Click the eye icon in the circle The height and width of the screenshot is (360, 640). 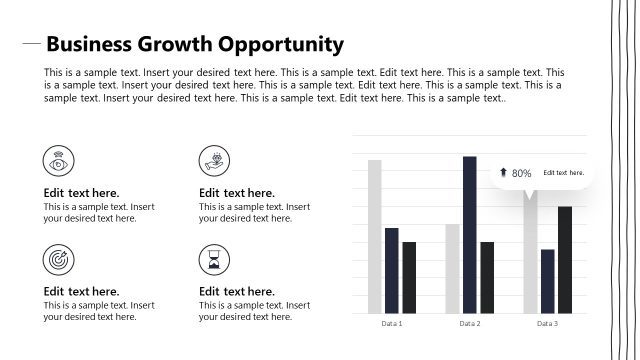point(58,160)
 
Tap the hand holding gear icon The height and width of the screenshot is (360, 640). point(213,160)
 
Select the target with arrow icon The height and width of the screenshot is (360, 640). point(58,259)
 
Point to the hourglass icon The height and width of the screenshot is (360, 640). point(213,259)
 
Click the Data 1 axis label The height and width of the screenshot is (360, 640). point(392,324)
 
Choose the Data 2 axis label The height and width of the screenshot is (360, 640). point(470,324)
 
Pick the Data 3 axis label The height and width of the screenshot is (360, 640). point(547,324)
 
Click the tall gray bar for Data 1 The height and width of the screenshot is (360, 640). point(374,236)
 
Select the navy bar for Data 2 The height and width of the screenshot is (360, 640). point(470,234)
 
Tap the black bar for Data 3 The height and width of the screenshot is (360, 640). point(565,259)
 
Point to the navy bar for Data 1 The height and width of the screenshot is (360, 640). point(392,270)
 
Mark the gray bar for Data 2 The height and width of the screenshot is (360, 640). point(452,268)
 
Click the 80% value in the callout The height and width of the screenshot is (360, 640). point(521,173)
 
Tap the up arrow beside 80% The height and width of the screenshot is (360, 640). point(503,172)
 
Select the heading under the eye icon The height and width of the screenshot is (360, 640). point(82,193)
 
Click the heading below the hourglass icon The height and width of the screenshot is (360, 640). point(237,292)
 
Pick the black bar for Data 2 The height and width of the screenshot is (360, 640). point(487,277)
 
